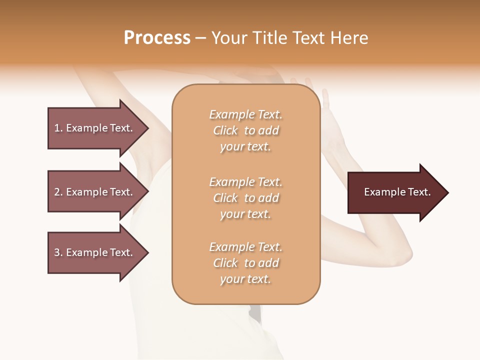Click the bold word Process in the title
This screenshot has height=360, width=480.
pos(157,38)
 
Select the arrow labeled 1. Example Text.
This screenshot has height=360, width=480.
pos(95,128)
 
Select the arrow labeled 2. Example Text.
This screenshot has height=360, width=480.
pos(95,192)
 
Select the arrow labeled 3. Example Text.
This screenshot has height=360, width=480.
pos(95,252)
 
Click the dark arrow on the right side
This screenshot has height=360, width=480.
pos(395,192)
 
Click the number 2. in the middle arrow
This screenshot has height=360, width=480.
pos(58,192)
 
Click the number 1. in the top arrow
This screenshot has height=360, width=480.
pos(58,128)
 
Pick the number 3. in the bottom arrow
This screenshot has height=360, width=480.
pos(58,252)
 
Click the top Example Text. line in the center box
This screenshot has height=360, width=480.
pos(245,114)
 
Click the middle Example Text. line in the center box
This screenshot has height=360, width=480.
pos(245,181)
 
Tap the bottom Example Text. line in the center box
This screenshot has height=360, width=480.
pos(245,247)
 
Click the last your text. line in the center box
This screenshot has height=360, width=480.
pos(245,279)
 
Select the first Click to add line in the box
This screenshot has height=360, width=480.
pos(245,130)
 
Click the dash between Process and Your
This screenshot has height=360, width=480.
pos(200,38)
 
